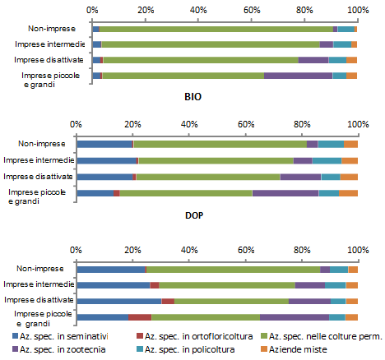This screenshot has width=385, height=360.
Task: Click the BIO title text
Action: [193, 97]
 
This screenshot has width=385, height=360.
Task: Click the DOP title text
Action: [194, 215]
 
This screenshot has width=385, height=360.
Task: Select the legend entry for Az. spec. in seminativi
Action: [60, 336]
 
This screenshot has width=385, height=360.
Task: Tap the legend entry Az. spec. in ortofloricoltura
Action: [194, 336]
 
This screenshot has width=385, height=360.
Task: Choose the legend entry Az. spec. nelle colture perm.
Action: [321, 336]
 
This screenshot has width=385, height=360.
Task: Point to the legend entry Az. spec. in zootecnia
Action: [59, 349]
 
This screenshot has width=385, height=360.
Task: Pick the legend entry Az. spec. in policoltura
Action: [186, 349]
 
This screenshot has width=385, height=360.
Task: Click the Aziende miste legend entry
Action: [294, 349]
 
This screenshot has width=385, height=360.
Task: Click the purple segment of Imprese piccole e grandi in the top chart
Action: [299, 76]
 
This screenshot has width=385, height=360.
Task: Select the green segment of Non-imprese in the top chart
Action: [216, 30]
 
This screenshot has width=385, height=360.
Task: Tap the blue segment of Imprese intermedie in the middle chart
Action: [107, 160]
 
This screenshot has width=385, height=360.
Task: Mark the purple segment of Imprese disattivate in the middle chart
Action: [300, 177]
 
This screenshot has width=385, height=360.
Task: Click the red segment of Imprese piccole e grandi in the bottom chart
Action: [140, 317]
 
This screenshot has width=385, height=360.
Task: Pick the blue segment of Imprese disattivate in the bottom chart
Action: [119, 301]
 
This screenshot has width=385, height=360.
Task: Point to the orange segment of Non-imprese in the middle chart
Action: [350, 144]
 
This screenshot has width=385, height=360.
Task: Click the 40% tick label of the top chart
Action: [198, 10]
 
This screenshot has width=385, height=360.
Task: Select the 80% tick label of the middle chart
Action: [302, 124]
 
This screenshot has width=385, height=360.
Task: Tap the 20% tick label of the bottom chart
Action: [132, 250]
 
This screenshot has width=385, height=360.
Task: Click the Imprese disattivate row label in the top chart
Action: [49, 60]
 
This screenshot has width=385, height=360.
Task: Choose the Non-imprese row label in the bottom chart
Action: [40, 269]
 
